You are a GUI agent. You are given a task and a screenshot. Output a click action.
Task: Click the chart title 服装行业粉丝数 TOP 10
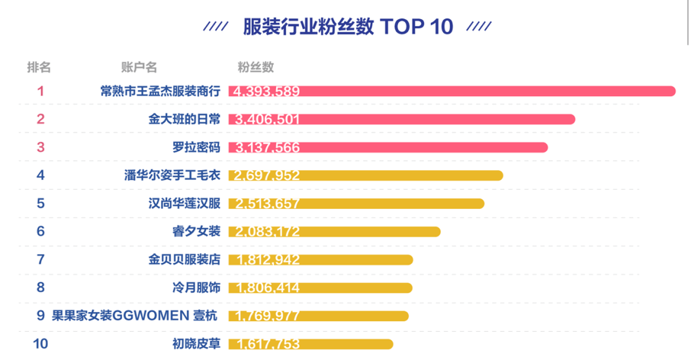click(348, 27)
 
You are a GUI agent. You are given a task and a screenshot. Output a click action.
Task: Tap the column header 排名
click(39, 67)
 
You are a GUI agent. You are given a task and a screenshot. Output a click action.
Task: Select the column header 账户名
click(139, 67)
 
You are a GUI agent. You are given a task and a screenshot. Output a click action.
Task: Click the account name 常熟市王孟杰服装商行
click(160, 92)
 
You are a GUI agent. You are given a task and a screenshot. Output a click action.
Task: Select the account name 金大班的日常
click(185, 119)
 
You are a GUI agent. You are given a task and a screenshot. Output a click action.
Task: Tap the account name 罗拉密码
click(196, 147)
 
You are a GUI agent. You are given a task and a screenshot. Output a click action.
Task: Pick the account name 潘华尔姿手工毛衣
click(172, 175)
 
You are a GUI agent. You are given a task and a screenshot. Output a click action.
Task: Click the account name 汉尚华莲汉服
click(185, 204)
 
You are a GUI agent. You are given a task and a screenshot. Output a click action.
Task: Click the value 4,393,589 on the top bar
click(267, 92)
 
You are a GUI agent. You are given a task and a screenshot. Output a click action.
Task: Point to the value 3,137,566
click(267, 147)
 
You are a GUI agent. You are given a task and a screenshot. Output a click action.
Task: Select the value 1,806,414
click(267, 288)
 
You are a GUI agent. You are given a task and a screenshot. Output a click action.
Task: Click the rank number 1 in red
click(40, 92)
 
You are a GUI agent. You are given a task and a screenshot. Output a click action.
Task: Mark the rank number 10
click(40, 344)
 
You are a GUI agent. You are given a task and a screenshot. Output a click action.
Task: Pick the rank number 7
click(40, 259)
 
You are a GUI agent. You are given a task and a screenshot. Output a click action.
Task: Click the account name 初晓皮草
click(196, 344)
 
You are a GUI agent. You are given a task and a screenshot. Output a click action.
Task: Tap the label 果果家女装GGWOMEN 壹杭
click(136, 316)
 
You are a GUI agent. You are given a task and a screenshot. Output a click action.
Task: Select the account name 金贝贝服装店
click(185, 259)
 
